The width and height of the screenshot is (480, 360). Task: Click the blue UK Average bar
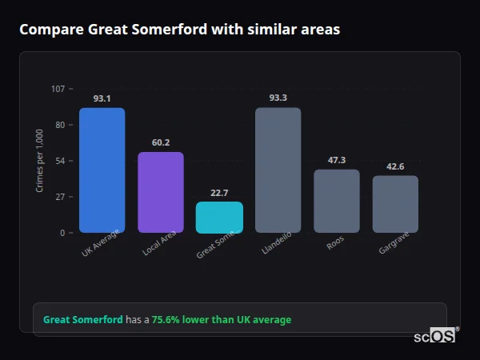102,170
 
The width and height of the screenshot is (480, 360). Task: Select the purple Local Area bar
161,192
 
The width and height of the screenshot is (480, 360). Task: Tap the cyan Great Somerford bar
219,217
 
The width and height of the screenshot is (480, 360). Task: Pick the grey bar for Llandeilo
278,170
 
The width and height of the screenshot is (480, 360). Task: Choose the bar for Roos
337,201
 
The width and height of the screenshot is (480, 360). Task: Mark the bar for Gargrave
395,204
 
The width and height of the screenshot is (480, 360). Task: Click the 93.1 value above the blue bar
102,98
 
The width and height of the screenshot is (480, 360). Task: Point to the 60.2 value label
161,142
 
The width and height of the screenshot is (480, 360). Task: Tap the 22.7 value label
219,193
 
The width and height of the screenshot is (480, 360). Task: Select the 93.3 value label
278,98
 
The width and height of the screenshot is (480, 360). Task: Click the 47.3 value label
337,160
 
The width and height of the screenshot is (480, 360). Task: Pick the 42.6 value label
395,166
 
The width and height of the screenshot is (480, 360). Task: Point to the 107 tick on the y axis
58,89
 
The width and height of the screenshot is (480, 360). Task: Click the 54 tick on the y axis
60,161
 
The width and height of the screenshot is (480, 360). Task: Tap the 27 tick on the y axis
60,197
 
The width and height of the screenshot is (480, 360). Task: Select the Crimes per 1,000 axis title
40,161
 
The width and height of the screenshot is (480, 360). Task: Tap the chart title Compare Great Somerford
179,30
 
